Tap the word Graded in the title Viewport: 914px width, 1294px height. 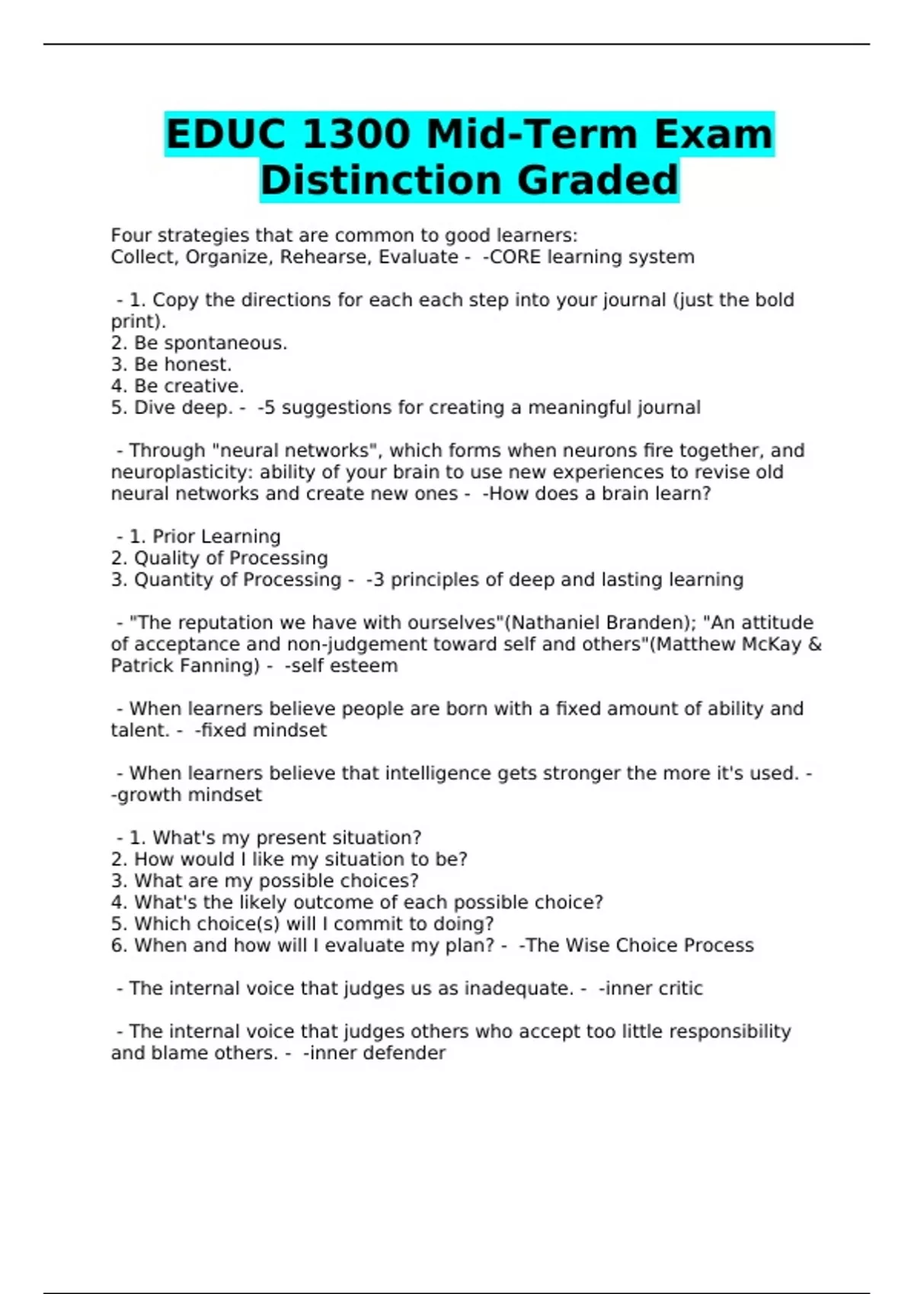pos(597,180)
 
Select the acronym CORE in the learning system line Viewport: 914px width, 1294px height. pos(515,257)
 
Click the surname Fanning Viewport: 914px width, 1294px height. pos(222,666)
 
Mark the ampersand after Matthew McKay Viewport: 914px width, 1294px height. pos(815,644)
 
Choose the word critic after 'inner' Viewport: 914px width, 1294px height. pos(679,989)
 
